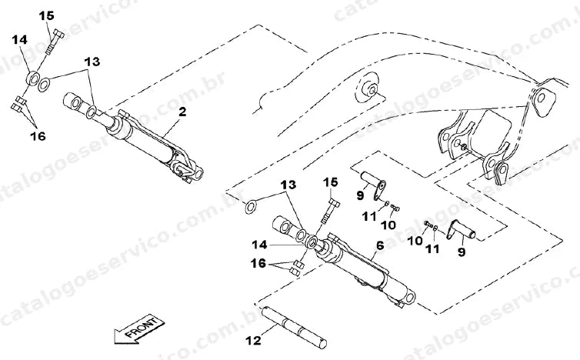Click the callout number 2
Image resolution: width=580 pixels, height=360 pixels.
pyautogui.click(x=182, y=112)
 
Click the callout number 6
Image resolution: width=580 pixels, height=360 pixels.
pyautogui.click(x=379, y=245)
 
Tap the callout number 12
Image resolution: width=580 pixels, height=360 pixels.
pyautogui.click(x=253, y=341)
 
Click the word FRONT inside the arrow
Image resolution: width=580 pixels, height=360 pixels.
pyautogui.click(x=142, y=328)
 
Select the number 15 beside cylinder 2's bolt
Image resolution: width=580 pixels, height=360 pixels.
pyautogui.click(x=47, y=16)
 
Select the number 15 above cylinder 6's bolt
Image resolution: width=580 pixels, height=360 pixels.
pyautogui.click(x=330, y=182)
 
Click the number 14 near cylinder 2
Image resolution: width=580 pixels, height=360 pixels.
pyautogui.click(x=19, y=39)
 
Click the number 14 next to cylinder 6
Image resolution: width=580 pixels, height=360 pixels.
pyautogui.click(x=259, y=245)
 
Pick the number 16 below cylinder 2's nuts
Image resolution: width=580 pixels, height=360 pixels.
pyautogui.click(x=38, y=136)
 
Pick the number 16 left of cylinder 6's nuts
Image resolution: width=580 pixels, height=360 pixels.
pyautogui.click(x=258, y=263)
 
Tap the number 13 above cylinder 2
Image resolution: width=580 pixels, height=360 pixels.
pyautogui.click(x=92, y=62)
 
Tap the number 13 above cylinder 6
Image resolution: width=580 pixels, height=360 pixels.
pyautogui.click(x=288, y=185)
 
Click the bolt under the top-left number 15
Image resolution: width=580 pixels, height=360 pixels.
pyautogui.click(x=55, y=42)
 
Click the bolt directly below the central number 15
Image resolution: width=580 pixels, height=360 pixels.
pyautogui.click(x=329, y=212)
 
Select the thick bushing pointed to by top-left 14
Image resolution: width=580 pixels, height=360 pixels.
pyautogui.click(x=32, y=78)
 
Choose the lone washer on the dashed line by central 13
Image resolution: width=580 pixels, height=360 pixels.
pyautogui.click(x=251, y=207)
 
